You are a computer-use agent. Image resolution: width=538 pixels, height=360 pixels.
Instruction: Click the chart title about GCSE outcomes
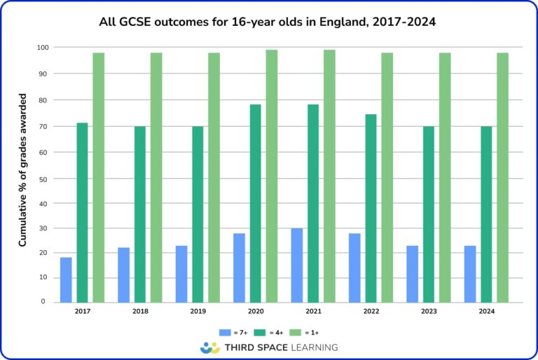point(268,22)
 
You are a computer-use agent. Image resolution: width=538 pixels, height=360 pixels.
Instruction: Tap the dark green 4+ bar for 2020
point(255,203)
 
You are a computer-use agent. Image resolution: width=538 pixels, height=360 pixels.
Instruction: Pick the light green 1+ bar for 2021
point(329,176)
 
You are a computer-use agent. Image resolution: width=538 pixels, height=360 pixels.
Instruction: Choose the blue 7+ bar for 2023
point(412,274)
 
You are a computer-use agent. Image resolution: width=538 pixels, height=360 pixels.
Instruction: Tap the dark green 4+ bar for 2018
point(140,214)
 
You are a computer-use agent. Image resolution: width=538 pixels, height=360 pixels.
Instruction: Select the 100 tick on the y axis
point(42,48)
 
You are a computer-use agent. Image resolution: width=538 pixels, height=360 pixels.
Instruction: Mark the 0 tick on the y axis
point(46,303)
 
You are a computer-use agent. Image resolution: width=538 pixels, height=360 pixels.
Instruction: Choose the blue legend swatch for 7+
point(225,331)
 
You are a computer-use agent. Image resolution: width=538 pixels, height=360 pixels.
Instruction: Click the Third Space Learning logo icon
point(209,347)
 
